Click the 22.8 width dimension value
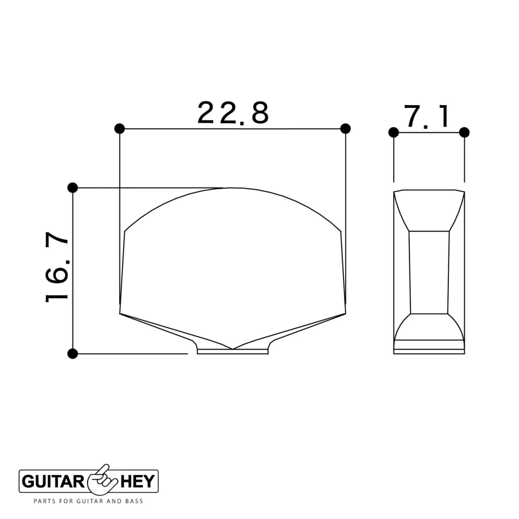[x=233, y=113]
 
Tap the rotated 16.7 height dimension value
[x=56, y=268]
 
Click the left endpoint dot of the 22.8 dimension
[x=120, y=128]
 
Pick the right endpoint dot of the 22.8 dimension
[x=345, y=128]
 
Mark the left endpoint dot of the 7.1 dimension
[x=394, y=132]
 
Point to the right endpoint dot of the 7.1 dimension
[x=465, y=132]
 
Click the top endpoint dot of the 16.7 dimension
[x=73, y=188]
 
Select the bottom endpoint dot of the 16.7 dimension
[x=73, y=353]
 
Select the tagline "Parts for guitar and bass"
[x=88, y=501]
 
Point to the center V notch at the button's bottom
[x=233, y=349]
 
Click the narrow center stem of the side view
[x=429, y=272]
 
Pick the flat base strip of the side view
[x=429, y=345]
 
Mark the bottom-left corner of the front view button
[x=120, y=313]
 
